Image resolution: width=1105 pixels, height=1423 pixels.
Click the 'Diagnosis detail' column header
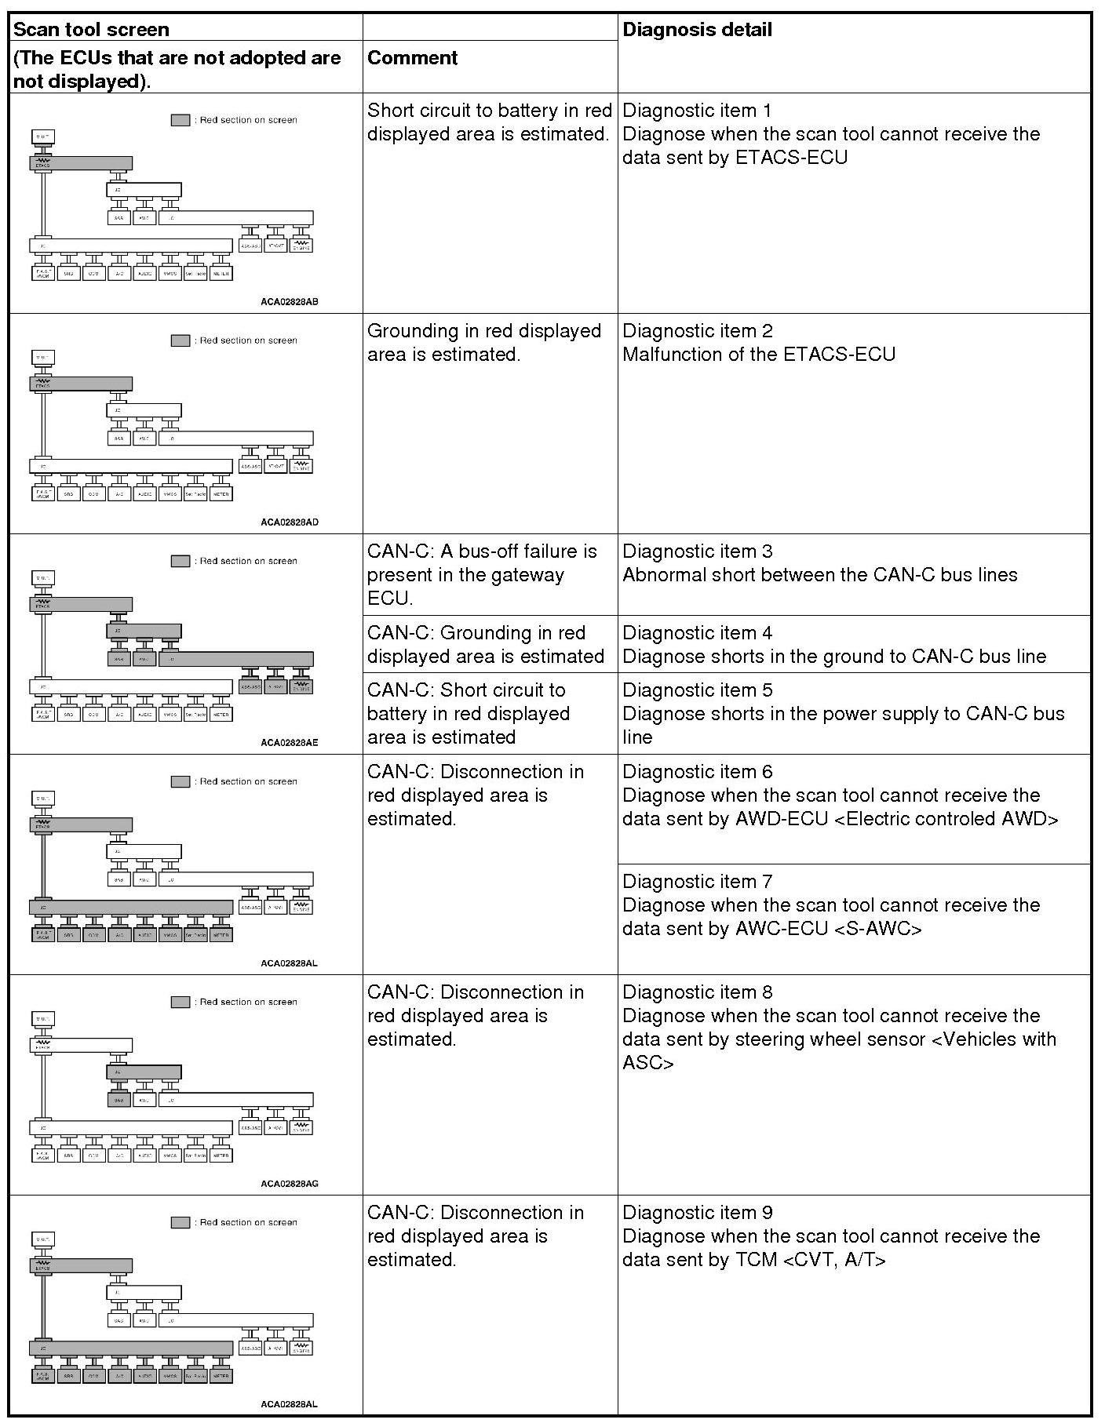[697, 30]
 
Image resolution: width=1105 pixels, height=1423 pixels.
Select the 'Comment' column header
[412, 57]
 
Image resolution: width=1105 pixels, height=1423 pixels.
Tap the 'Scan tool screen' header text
[91, 30]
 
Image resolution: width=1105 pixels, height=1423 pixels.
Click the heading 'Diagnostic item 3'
[697, 551]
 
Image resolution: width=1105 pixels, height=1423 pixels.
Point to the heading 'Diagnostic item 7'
[697, 881]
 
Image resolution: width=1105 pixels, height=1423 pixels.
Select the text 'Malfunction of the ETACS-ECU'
[758, 355]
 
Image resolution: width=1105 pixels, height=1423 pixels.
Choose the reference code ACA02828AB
[290, 302]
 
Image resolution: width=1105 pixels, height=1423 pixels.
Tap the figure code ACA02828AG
[290, 1184]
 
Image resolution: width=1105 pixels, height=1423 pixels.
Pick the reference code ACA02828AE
[290, 743]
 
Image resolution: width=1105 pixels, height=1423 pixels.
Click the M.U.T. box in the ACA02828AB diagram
[43, 137]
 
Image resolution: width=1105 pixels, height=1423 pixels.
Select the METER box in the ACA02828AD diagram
[221, 494]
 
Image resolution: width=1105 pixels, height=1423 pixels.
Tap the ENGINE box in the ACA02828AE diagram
[301, 686]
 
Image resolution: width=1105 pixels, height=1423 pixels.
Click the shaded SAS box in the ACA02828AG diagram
[119, 1100]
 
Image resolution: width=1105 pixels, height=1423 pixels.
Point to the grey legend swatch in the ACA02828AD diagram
[181, 340]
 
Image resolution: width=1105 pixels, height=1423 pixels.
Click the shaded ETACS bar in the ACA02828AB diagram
[81, 163]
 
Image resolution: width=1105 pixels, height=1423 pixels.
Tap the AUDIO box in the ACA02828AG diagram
[144, 1156]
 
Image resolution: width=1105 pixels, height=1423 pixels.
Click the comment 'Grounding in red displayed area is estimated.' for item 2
[483, 343]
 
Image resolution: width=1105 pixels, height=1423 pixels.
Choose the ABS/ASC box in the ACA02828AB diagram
[250, 246]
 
